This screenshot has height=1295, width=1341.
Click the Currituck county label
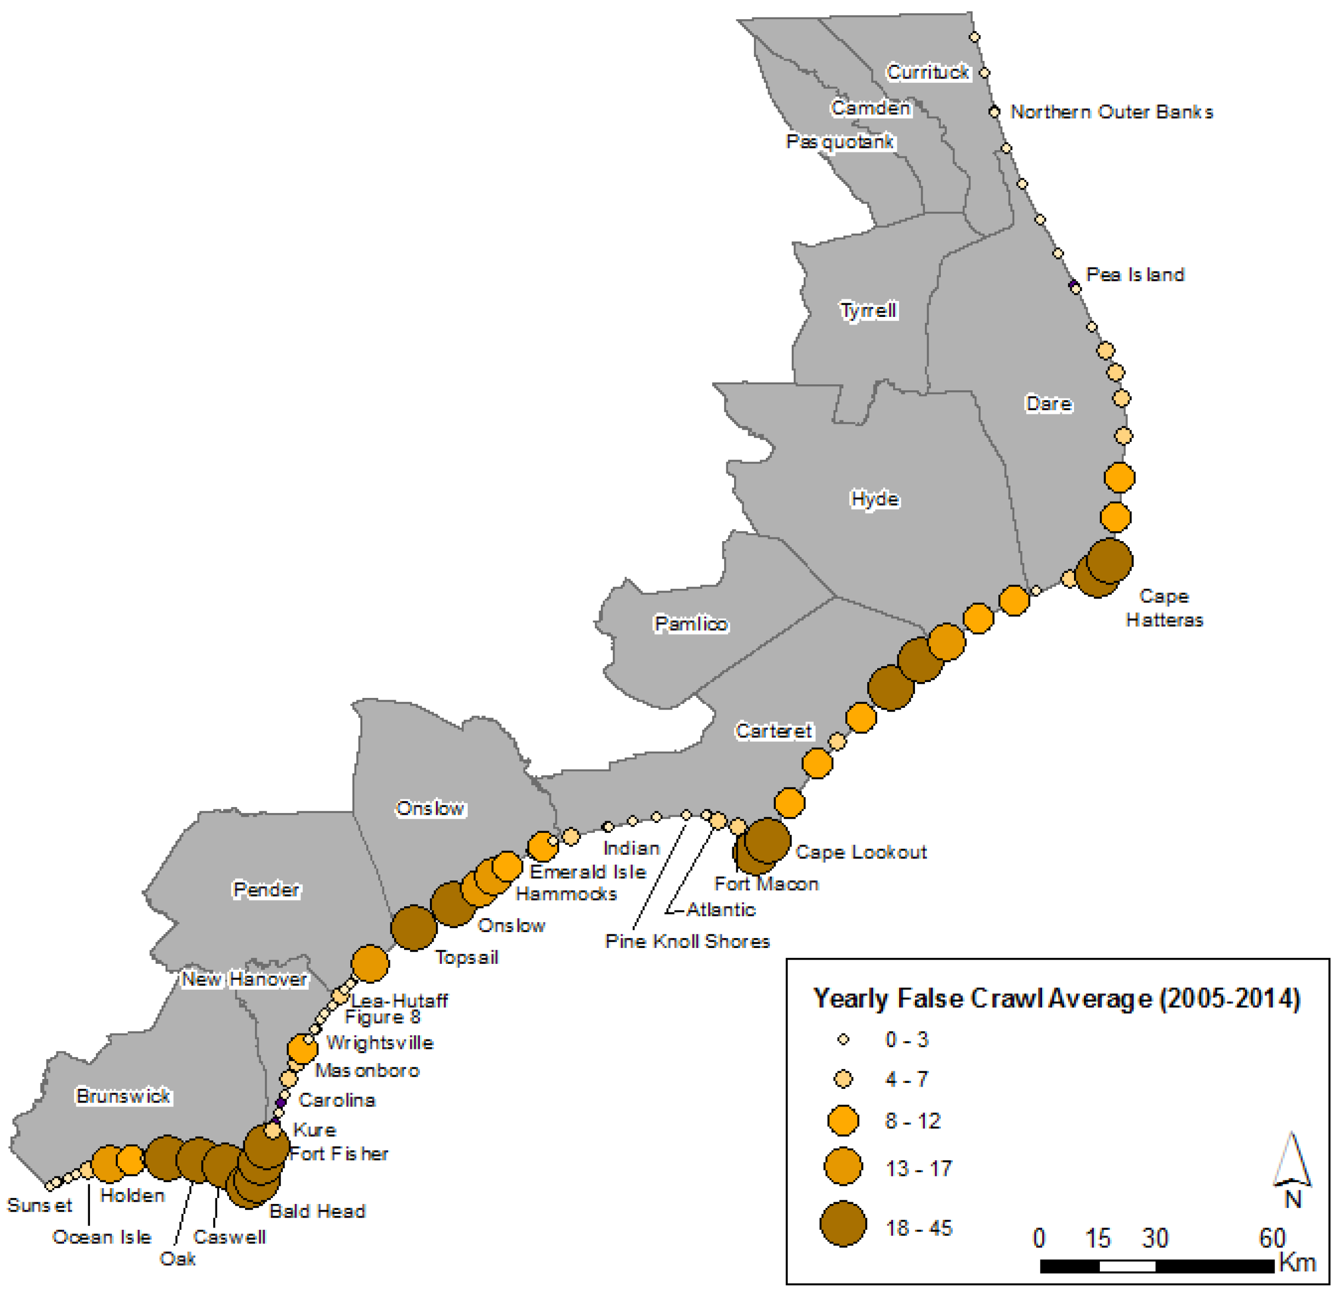pos(928,72)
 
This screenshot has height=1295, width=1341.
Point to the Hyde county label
pos(874,499)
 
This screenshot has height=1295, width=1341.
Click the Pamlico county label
pos(691,623)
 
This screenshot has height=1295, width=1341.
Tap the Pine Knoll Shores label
pos(687,941)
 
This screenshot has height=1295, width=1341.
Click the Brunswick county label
pos(123,1096)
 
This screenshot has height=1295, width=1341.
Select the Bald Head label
pos(317,1212)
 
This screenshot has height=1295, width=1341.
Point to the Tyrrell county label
pos(868,310)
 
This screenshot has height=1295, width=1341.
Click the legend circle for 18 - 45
pos(843,1224)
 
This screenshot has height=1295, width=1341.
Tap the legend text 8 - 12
pos(913,1121)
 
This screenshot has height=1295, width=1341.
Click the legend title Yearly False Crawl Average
pos(1056,999)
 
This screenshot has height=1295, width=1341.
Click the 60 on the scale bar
pos(1272,1237)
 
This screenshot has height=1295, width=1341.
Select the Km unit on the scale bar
pos(1297,1263)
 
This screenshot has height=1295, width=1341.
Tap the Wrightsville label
pos(380,1043)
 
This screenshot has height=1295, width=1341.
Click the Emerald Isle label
pos(588,872)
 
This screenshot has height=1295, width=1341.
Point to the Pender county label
pos(266,889)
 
